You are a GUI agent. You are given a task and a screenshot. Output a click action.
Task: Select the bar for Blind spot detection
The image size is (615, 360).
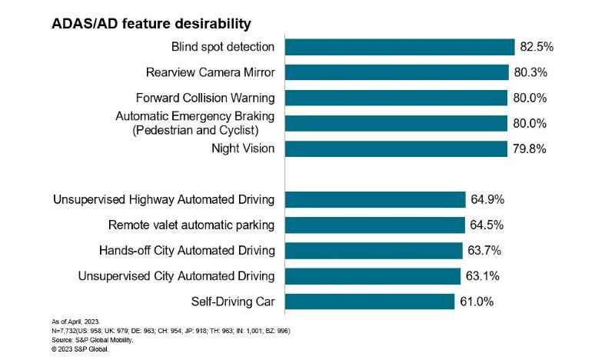pos(399,47)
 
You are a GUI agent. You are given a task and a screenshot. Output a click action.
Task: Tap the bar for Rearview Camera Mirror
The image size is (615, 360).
pos(396,72)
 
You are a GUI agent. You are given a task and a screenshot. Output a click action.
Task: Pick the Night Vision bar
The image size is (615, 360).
pos(395,148)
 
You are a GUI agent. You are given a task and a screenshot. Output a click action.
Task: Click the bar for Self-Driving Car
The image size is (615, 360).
pos(369,301)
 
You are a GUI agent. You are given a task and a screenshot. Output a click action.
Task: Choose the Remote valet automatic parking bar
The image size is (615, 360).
pos(374,225)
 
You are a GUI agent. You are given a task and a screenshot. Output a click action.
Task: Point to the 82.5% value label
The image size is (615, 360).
pos(537,47)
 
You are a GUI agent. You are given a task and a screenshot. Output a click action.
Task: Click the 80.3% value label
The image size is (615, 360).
pos(530,72)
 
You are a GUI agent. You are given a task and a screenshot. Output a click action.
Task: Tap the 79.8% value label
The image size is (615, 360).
pos(530,148)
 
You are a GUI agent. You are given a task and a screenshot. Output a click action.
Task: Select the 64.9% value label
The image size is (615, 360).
pos(488,200)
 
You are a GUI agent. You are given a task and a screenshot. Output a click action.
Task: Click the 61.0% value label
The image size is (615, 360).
pos(477,301)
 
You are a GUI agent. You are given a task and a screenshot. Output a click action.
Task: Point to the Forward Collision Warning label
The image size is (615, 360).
pos(204,98)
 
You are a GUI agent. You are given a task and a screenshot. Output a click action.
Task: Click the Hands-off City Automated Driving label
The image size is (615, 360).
pos(187,250)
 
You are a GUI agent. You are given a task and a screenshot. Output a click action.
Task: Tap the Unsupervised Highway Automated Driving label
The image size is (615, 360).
pos(164,200)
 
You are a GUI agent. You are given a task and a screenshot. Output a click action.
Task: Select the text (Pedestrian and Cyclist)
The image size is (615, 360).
pos(204,129)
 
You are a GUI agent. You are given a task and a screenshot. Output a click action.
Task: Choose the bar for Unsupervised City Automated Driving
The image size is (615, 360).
pos(372,275)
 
